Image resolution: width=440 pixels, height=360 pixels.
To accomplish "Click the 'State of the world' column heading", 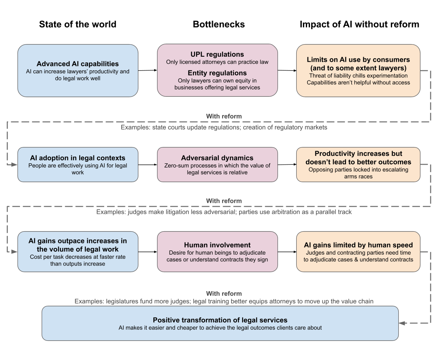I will (x=77, y=25).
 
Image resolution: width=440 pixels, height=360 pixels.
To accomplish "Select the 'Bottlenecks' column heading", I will (x=218, y=25).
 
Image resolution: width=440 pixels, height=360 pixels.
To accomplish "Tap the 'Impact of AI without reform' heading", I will (x=359, y=25).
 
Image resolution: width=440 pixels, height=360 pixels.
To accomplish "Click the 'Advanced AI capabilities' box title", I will (x=77, y=64).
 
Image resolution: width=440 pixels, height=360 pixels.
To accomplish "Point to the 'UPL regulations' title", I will (x=217, y=55).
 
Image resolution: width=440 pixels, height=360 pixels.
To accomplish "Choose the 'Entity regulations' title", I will (x=217, y=73).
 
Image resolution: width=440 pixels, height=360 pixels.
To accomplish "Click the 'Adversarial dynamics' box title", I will (x=217, y=158).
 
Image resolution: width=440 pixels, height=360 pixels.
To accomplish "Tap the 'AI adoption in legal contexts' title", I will (x=77, y=158).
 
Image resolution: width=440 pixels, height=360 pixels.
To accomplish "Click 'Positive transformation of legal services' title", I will (x=220, y=320).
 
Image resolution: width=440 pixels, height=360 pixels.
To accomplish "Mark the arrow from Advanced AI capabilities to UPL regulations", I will (x=147, y=70).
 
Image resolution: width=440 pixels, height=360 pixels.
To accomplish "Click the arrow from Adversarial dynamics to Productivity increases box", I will (x=287, y=165).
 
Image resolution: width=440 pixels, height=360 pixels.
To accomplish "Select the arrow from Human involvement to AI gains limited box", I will (x=287, y=252).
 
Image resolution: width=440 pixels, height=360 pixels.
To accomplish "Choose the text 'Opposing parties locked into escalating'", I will (x=358, y=169).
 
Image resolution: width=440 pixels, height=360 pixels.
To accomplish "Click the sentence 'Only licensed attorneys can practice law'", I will (x=217, y=62).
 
